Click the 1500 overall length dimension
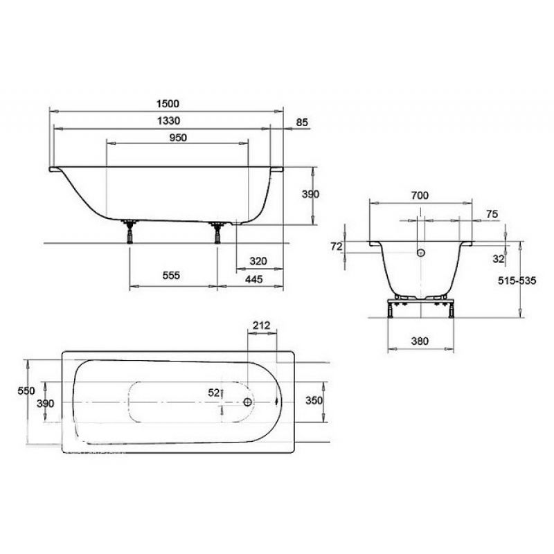click(x=168, y=103)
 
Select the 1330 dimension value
click(x=168, y=120)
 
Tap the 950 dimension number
click(x=178, y=137)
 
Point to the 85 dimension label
click(x=302, y=123)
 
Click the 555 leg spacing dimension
click(x=171, y=275)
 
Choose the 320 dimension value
click(x=258, y=261)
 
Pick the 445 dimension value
click(x=254, y=279)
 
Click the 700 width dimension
click(x=420, y=195)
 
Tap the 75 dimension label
click(x=492, y=214)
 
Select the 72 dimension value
click(x=337, y=247)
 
